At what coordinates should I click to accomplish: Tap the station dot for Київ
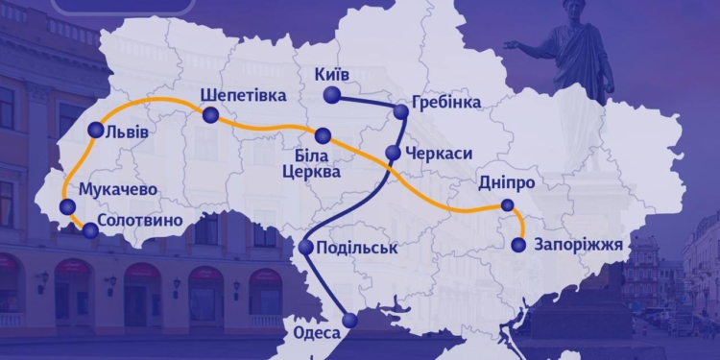click(331, 94)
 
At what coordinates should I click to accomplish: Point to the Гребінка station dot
click(400, 111)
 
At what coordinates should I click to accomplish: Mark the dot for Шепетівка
click(209, 115)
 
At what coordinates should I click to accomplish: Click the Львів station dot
click(94, 131)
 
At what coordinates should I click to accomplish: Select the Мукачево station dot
click(66, 206)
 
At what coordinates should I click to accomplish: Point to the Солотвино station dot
click(89, 229)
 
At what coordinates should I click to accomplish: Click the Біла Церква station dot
click(323, 135)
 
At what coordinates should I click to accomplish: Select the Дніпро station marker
click(507, 204)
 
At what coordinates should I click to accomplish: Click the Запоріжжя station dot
click(518, 245)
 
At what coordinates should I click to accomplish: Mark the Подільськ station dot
click(305, 248)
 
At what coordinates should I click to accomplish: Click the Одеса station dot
click(349, 320)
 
